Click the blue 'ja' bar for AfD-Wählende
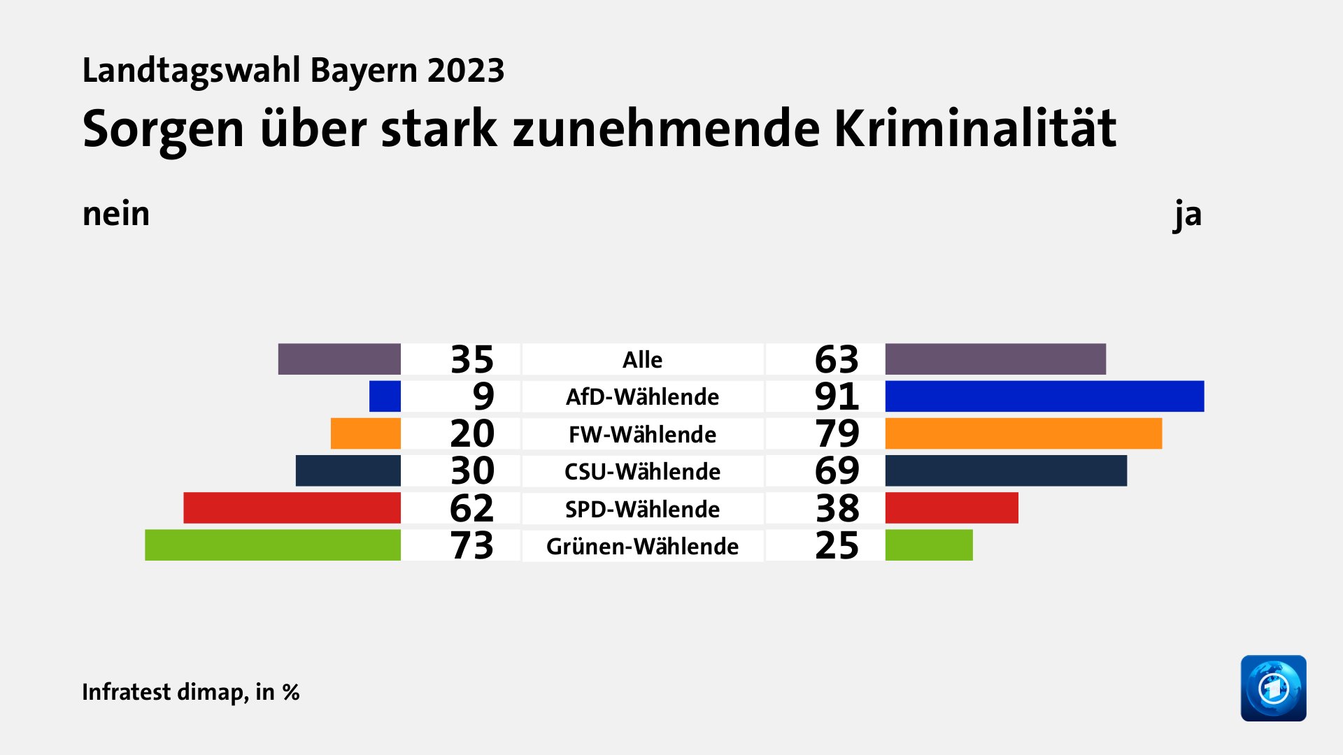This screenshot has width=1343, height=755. [x=1044, y=396]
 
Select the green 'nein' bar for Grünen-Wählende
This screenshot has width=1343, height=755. [x=273, y=545]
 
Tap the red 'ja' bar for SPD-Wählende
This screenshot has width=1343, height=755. [x=951, y=508]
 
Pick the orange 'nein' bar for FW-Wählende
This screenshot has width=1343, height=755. [x=365, y=433]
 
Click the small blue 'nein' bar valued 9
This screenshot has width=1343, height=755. [x=385, y=396]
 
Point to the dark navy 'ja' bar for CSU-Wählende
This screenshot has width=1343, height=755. [x=1006, y=470]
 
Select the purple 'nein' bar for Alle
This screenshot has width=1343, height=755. [x=339, y=359]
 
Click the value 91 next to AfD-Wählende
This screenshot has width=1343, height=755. [x=837, y=396]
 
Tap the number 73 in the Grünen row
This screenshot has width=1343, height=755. [x=472, y=545]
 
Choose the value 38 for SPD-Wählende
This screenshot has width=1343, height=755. [x=837, y=508]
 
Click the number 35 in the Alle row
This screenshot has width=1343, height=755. [x=472, y=359]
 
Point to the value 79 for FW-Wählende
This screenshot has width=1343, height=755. [x=837, y=433]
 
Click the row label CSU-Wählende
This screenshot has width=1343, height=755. [x=642, y=471]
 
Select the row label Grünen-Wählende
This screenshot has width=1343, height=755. [x=642, y=546]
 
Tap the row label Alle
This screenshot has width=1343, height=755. [x=642, y=359]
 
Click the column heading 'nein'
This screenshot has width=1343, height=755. [x=116, y=214]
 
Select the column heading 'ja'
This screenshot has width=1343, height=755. [x=1188, y=214]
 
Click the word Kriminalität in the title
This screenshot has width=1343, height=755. [x=975, y=129]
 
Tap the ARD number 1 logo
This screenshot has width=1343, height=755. [x=1273, y=688]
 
